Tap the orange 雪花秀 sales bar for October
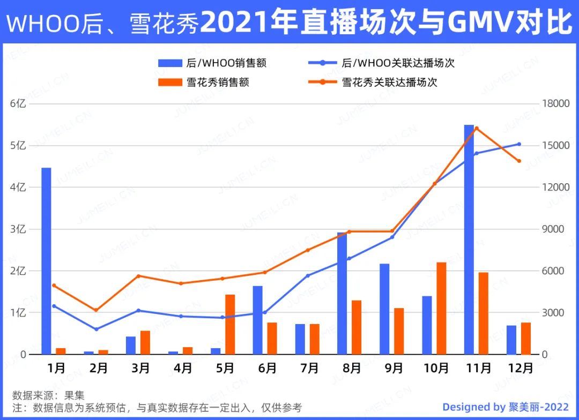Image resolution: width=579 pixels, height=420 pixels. click(x=441, y=308)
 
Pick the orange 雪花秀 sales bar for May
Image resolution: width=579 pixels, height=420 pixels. click(x=230, y=324)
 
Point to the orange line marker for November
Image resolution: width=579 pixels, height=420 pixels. click(x=477, y=128)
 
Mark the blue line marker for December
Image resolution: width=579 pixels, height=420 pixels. click(x=519, y=144)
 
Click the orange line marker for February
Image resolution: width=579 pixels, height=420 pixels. click(x=96, y=310)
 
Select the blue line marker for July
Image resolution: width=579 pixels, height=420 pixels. click(x=308, y=276)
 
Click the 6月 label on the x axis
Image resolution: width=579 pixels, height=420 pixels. click(x=268, y=369)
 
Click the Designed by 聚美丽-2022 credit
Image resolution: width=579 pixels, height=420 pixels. click(x=506, y=407)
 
